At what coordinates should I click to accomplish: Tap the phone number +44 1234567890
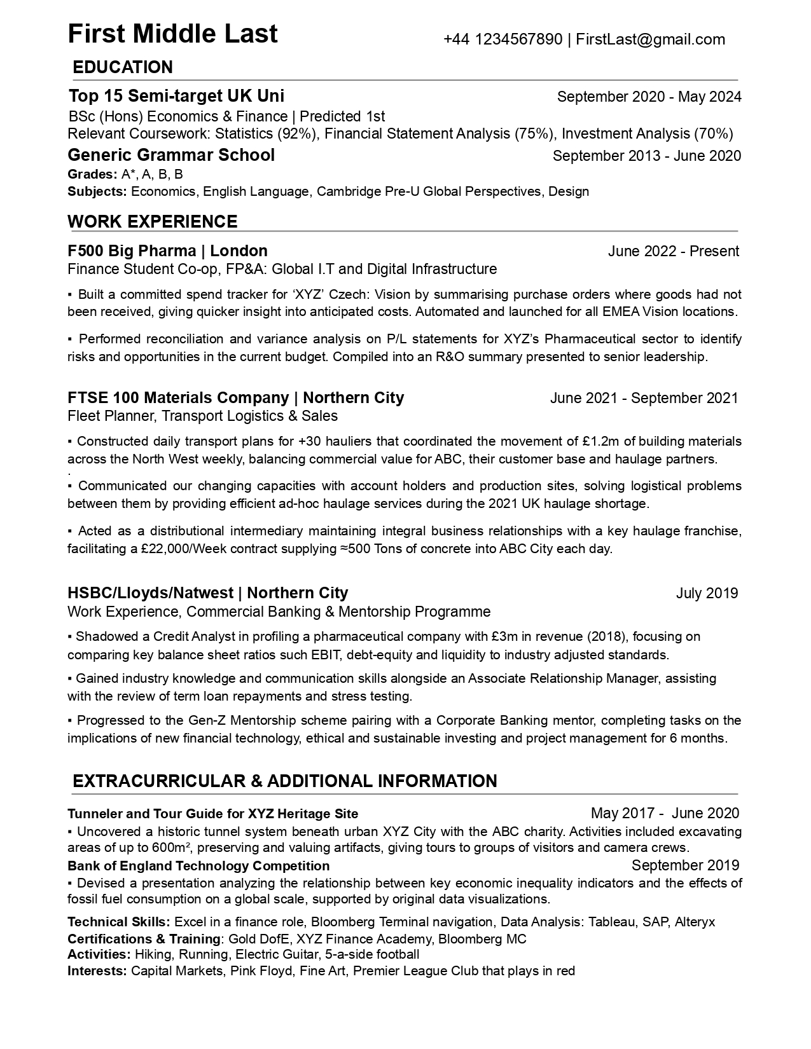click(503, 39)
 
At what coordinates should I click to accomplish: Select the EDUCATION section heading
click(123, 67)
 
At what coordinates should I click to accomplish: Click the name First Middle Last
click(172, 34)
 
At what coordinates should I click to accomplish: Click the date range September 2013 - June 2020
click(646, 156)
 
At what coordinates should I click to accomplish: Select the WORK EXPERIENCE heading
click(152, 221)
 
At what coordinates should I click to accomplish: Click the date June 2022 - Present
click(673, 251)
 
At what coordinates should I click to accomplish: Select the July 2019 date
click(707, 593)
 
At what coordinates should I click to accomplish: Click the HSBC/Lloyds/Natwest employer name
click(150, 593)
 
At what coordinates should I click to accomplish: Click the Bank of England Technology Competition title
click(198, 866)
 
